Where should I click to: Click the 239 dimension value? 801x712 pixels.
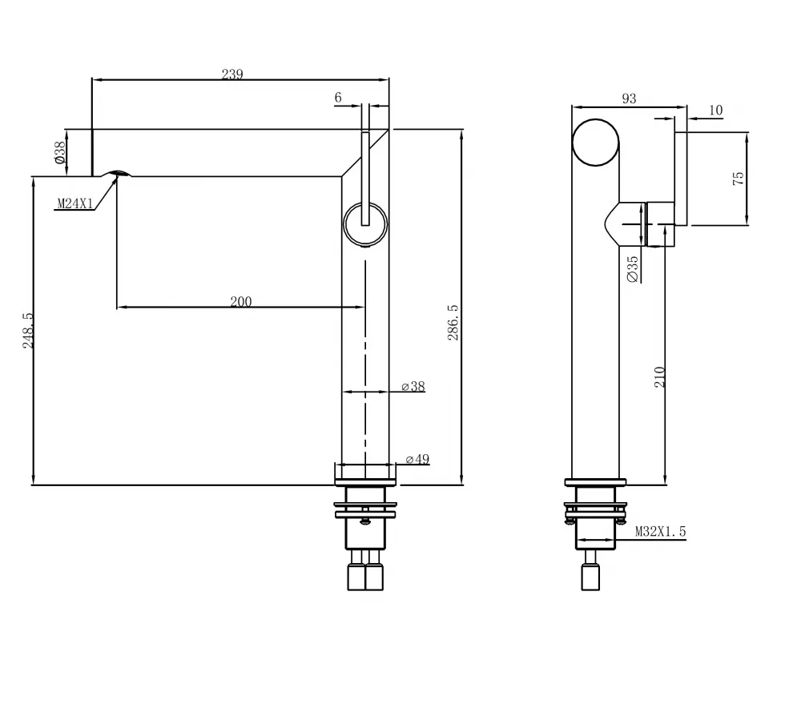point(232,74)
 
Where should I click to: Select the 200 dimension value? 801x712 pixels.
point(240,302)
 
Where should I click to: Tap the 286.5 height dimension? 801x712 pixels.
point(453,322)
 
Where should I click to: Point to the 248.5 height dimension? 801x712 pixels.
point(28,329)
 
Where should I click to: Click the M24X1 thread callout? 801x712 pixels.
point(74,204)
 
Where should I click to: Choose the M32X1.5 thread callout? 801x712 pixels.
point(661,531)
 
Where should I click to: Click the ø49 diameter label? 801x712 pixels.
point(417,459)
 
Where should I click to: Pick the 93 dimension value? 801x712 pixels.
point(629,99)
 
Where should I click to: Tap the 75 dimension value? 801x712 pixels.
point(739,178)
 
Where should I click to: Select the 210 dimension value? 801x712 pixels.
point(660,377)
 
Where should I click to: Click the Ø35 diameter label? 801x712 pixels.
point(633,268)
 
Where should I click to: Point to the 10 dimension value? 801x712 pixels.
point(715,110)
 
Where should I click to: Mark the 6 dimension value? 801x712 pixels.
point(338,98)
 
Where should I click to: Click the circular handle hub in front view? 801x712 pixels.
point(365,223)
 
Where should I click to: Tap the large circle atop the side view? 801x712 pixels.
point(596,143)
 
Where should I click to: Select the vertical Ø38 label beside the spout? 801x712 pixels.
point(60,152)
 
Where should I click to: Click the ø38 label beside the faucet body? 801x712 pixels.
point(414,387)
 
